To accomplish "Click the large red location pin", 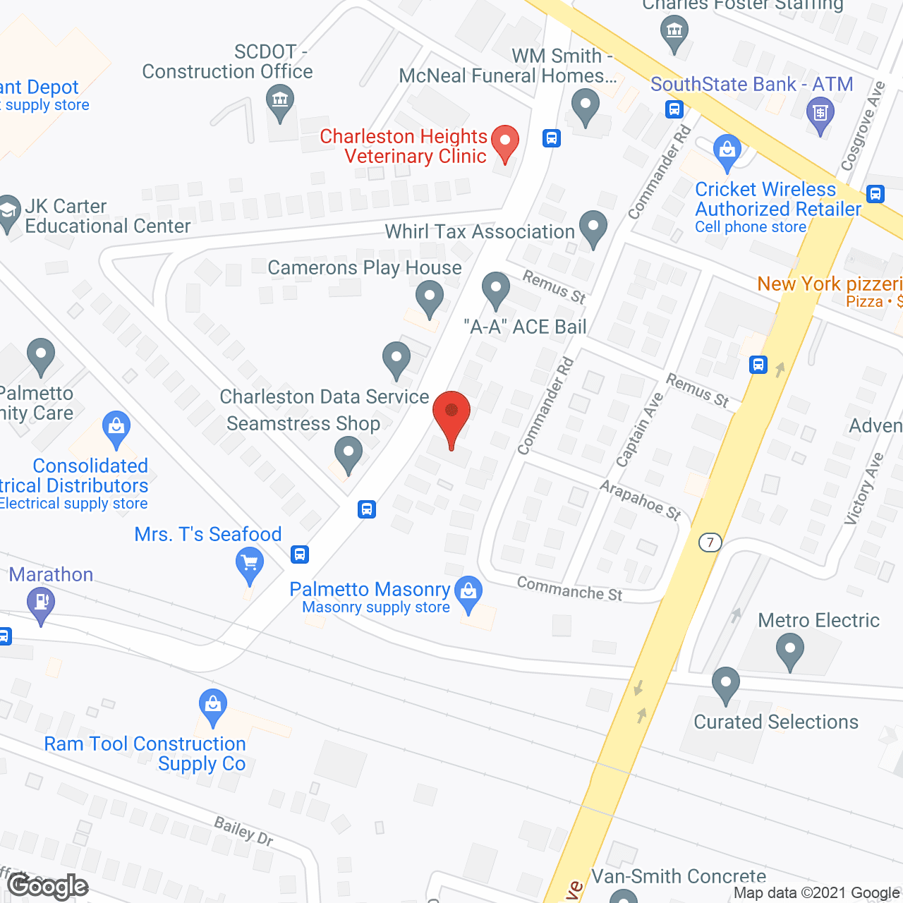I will [x=451, y=415].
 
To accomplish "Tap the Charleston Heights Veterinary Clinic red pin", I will [x=504, y=143].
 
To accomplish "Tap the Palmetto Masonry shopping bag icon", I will [x=468, y=593].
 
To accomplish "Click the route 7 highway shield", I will [x=710, y=542].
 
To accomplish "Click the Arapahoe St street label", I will [x=641, y=499].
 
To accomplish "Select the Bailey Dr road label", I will [x=243, y=830].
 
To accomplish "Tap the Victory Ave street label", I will [x=864, y=488].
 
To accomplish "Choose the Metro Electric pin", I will [x=789, y=650].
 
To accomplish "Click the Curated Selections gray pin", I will [x=725, y=684].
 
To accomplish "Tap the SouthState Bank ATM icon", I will [x=820, y=114].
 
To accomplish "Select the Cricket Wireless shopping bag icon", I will [x=727, y=152].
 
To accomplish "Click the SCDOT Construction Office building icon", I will [x=280, y=101].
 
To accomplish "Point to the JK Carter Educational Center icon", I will [x=8, y=212].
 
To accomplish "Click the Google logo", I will [x=48, y=886].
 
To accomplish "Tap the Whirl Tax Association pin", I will [x=593, y=228].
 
